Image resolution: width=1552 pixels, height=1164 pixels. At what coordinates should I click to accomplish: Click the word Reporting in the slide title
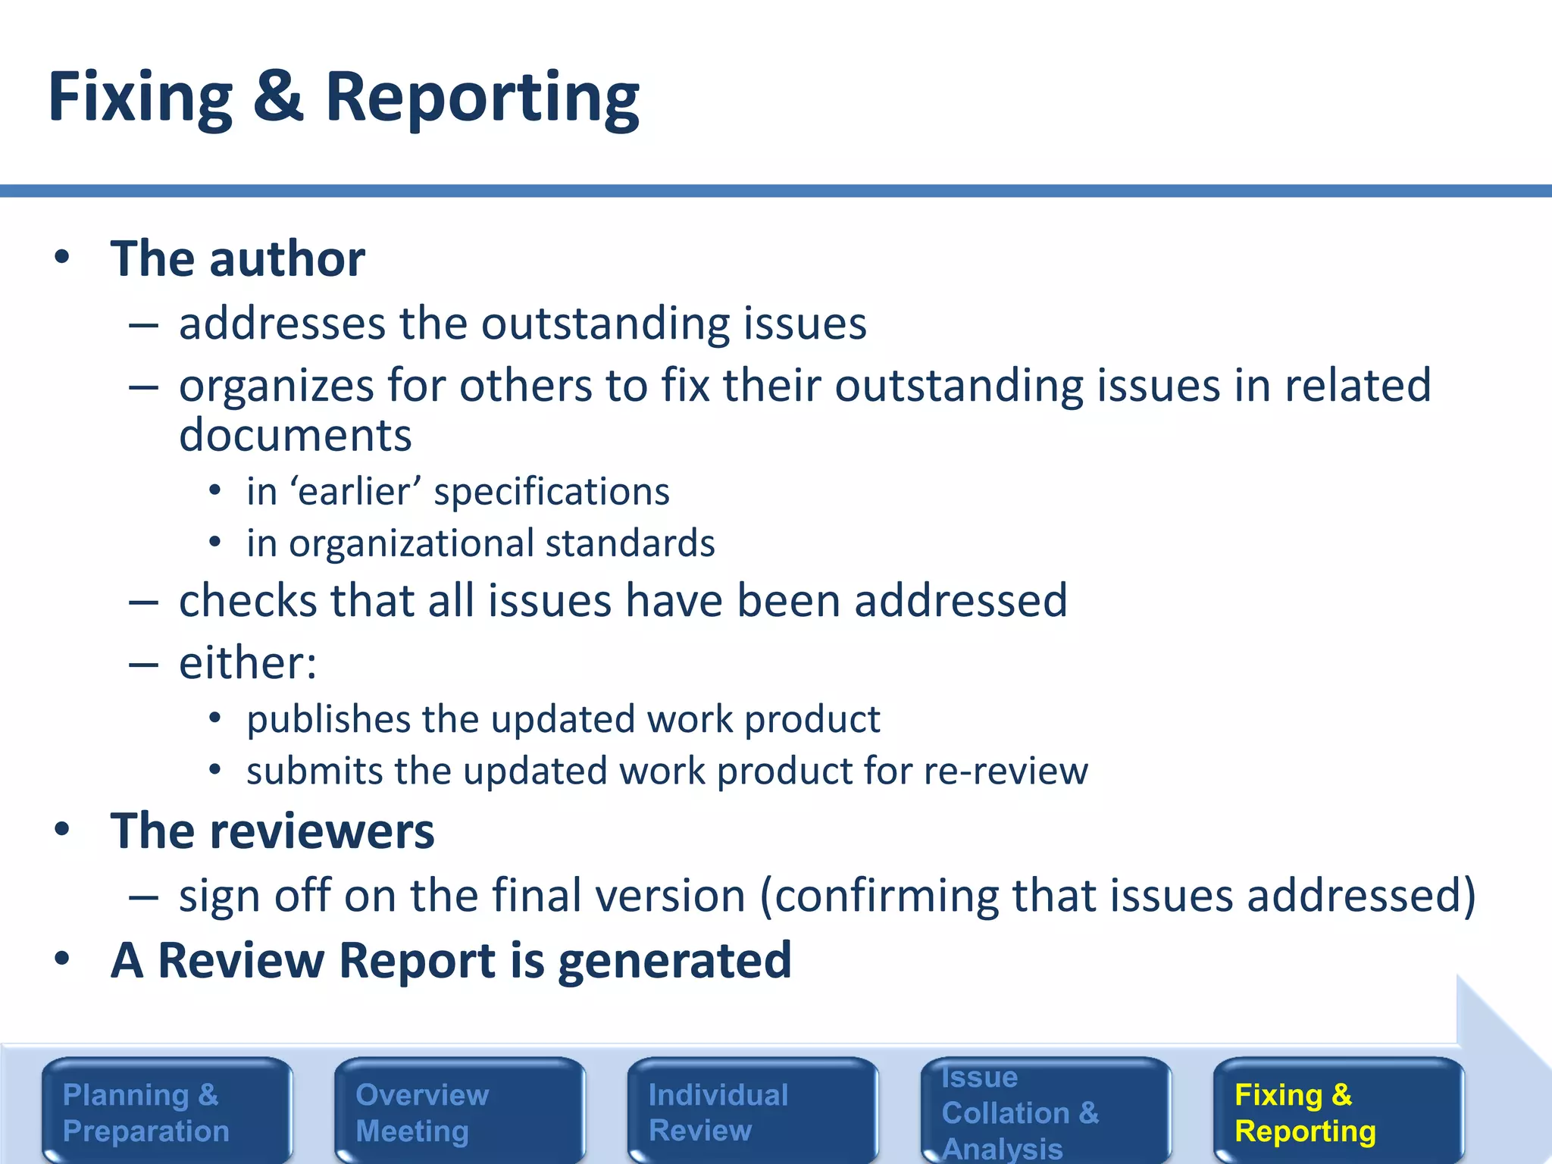coord(483,100)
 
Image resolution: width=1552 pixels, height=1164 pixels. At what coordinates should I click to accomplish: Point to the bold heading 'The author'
coord(237,258)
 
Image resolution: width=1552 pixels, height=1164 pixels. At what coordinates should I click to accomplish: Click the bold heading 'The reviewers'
coord(272,831)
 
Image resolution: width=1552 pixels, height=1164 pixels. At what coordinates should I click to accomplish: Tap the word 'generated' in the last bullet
coord(674,961)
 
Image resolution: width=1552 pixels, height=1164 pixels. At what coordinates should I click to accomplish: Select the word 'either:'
coord(248,663)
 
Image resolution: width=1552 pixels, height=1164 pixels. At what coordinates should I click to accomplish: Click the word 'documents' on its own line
coord(296,435)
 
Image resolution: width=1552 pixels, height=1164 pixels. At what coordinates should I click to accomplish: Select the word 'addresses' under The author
coord(283,324)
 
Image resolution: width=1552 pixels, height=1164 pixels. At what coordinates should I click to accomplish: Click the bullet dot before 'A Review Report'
coord(62,959)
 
